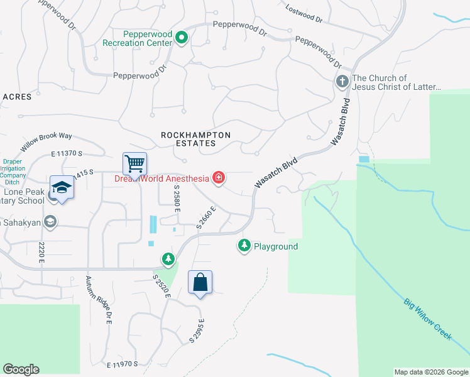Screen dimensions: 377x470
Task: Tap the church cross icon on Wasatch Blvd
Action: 342,81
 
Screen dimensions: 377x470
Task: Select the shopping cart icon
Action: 135,164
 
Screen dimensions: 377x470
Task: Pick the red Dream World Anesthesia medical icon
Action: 218,179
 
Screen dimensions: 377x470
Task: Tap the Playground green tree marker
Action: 244,246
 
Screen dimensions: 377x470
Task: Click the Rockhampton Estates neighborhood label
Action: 196,139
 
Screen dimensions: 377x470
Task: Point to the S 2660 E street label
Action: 205,216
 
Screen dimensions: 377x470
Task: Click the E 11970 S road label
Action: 123,364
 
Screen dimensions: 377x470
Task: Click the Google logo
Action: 21,369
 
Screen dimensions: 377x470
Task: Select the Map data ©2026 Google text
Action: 431,372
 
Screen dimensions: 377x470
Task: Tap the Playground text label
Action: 275,246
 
